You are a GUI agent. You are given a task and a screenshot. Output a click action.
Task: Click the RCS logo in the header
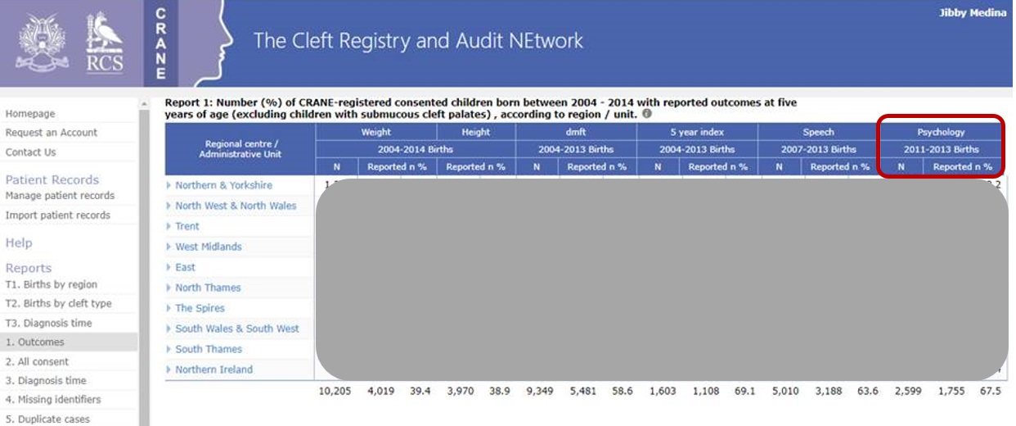click(105, 43)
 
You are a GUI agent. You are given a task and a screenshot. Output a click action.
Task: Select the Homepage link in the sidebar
click(30, 114)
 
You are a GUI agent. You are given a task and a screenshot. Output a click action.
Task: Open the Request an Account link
click(52, 133)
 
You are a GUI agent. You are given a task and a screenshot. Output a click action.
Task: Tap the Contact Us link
click(30, 152)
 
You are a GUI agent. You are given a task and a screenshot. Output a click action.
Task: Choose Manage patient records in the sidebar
click(60, 196)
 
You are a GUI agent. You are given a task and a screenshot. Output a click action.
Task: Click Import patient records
click(57, 215)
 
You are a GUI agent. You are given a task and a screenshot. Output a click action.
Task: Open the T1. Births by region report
click(52, 285)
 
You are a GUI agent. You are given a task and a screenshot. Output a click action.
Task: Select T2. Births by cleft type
click(58, 304)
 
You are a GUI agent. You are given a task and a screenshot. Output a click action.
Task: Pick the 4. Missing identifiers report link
click(53, 400)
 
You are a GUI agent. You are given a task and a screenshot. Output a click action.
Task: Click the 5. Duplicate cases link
click(47, 419)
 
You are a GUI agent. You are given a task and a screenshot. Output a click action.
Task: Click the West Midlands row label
click(208, 247)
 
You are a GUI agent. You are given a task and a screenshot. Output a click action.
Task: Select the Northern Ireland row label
click(214, 369)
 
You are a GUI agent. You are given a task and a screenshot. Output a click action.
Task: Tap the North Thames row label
click(208, 288)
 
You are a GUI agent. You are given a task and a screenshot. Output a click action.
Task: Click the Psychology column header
click(941, 132)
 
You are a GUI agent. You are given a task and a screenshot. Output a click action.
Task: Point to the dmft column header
click(576, 132)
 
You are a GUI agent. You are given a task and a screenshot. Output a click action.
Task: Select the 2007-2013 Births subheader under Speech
click(818, 149)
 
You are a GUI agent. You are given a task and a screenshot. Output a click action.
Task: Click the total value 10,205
click(335, 392)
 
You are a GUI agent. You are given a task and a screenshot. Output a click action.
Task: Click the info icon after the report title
click(646, 115)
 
